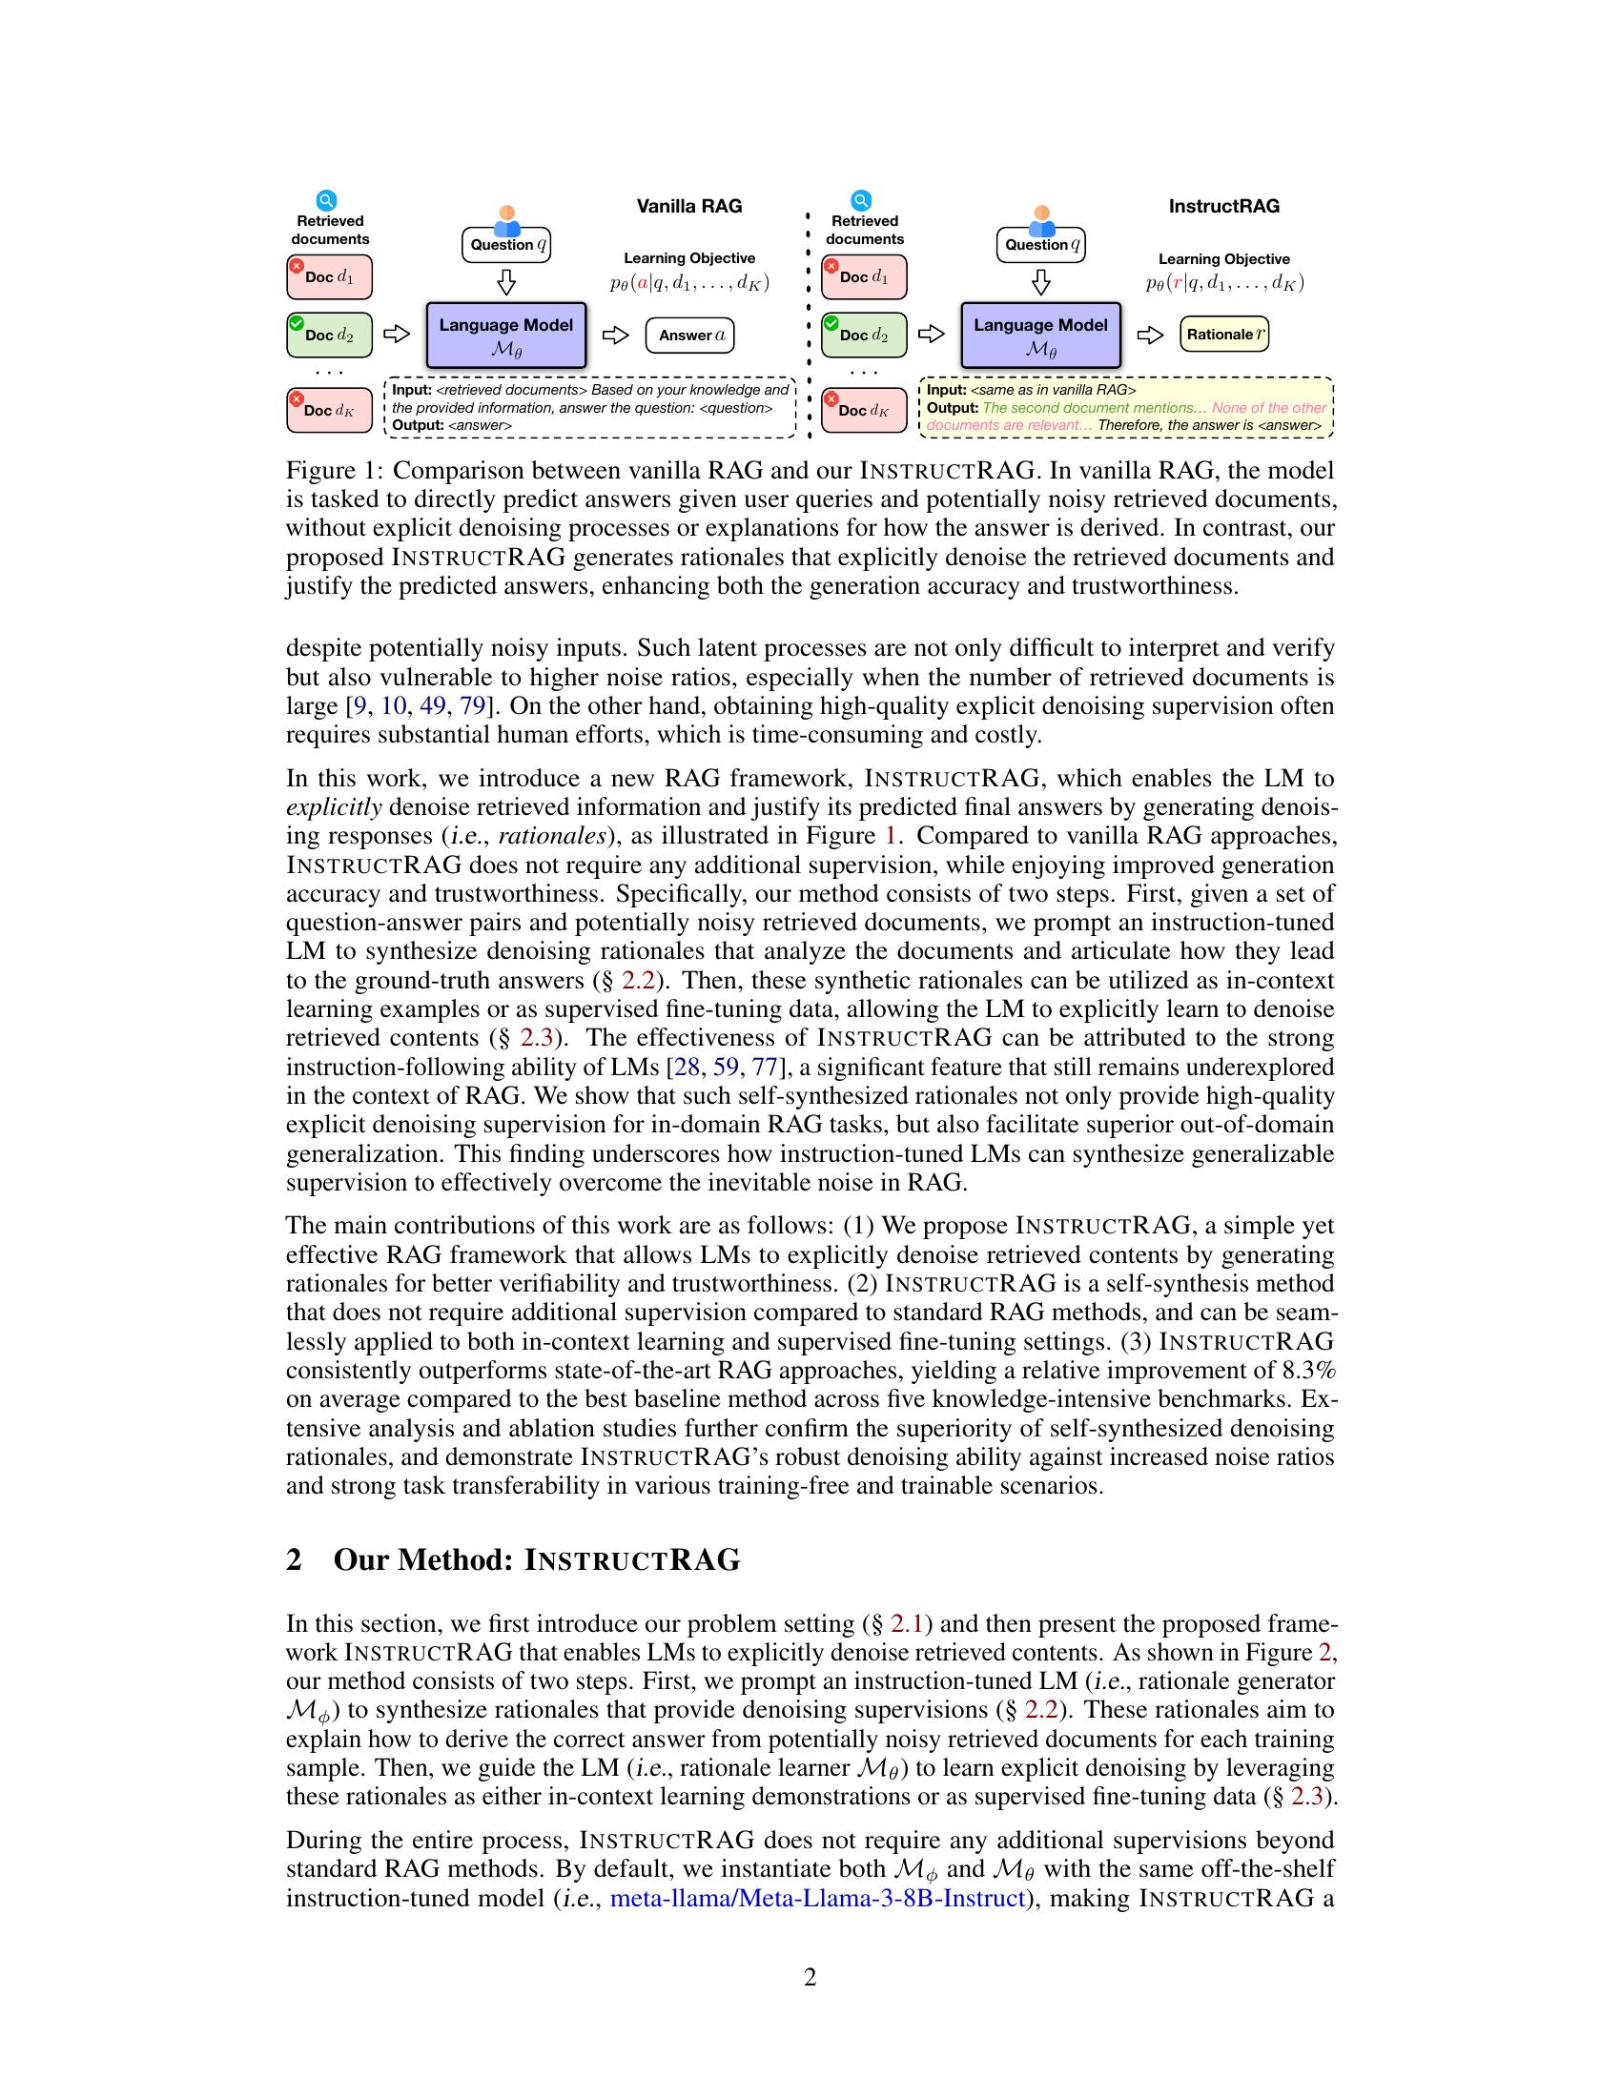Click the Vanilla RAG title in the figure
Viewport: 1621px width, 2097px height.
point(688,206)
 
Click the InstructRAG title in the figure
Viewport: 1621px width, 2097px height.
point(1223,206)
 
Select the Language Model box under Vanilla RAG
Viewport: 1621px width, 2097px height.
point(506,335)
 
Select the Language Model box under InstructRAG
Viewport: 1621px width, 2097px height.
point(1040,335)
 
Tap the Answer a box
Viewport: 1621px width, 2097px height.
point(690,336)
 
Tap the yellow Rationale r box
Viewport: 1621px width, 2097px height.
point(1224,335)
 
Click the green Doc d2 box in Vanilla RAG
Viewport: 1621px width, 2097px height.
point(329,336)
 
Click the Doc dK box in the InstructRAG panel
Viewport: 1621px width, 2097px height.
point(863,410)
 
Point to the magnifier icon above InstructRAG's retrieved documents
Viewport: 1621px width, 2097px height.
point(861,201)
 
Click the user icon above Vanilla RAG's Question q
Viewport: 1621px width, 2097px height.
point(507,220)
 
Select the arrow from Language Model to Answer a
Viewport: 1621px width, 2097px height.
point(615,336)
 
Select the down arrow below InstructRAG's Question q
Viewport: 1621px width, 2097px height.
point(1040,282)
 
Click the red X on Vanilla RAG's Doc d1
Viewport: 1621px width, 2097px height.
point(298,266)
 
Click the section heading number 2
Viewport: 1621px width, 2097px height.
point(295,1559)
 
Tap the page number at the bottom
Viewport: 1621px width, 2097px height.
point(810,1977)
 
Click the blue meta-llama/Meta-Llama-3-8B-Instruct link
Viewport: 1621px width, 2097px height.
point(817,1898)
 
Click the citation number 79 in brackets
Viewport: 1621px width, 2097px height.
point(471,705)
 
